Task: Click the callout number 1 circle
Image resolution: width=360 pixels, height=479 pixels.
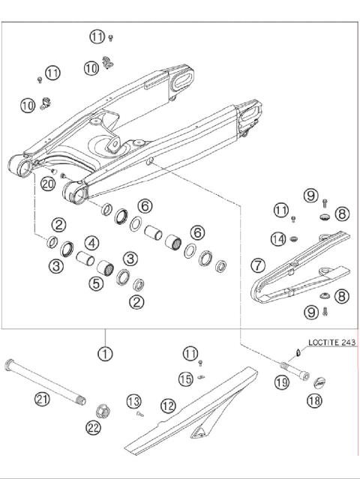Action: click(x=106, y=352)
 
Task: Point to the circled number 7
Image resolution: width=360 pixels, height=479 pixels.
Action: click(x=258, y=265)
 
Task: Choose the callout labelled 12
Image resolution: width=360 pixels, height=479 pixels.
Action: click(x=168, y=405)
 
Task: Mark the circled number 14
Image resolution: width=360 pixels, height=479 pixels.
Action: click(x=278, y=239)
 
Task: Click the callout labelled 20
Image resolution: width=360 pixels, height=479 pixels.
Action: click(x=48, y=183)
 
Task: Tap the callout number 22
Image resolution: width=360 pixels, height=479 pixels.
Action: click(x=94, y=428)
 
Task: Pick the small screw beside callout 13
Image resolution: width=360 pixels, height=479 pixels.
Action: click(x=139, y=411)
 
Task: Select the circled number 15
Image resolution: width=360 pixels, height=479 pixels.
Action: click(x=186, y=377)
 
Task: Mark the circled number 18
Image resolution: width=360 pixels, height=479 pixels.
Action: click(x=313, y=402)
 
